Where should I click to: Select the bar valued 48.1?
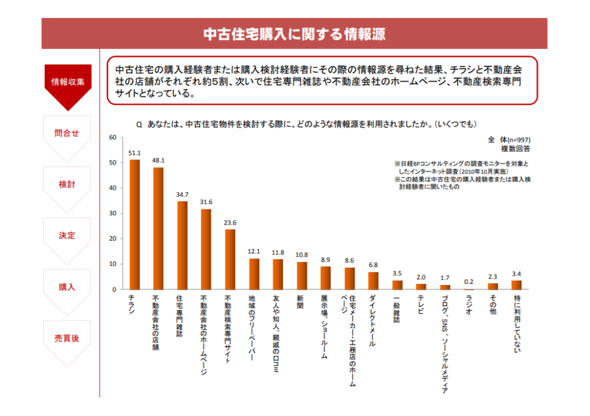pyautogui.click(x=158, y=228)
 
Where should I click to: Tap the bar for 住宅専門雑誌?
pyautogui.click(x=182, y=245)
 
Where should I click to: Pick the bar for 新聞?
pyautogui.click(x=302, y=275)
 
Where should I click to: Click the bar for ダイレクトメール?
pyautogui.click(x=373, y=280)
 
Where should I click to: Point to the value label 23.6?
pyautogui.click(x=230, y=223)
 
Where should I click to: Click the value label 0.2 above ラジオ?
pyautogui.click(x=469, y=282)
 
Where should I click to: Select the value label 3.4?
pyautogui.click(x=517, y=273)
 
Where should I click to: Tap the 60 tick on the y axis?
pyautogui.click(x=113, y=137)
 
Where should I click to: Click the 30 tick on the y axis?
pyautogui.click(x=113, y=213)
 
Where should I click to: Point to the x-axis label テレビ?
pyautogui.click(x=421, y=305)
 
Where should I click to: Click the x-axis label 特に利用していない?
pyautogui.click(x=517, y=323)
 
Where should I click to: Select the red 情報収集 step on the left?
pyautogui.click(x=68, y=81)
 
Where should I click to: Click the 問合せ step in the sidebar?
pyautogui.click(x=67, y=133)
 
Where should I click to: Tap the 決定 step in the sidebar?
pyautogui.click(x=67, y=236)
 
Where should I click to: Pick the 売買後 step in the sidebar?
pyautogui.click(x=67, y=339)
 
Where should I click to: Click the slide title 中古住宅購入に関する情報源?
pyautogui.click(x=294, y=34)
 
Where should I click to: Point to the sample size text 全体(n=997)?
pyautogui.click(x=509, y=140)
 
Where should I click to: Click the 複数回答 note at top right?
pyautogui.click(x=516, y=149)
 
